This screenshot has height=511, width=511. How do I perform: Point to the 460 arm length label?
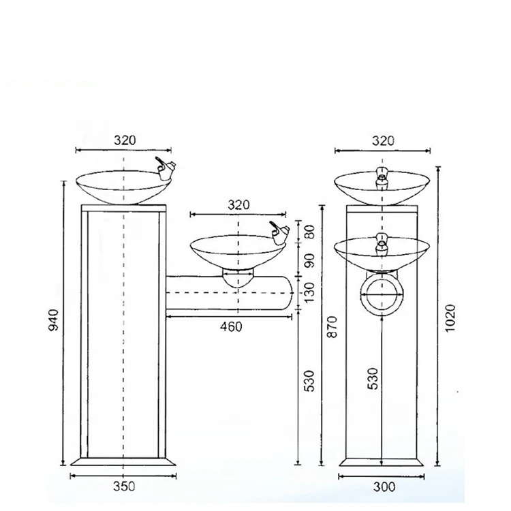tap(230, 327)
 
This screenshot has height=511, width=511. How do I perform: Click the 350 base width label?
tap(125, 486)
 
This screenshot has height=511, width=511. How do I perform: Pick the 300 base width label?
tap(384, 486)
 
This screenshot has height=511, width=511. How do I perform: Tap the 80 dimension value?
tap(309, 232)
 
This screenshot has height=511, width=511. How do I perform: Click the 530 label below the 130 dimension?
tap(309, 381)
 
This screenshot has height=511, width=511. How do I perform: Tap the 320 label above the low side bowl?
tap(238, 204)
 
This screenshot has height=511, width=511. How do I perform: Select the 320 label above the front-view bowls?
tap(384, 140)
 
